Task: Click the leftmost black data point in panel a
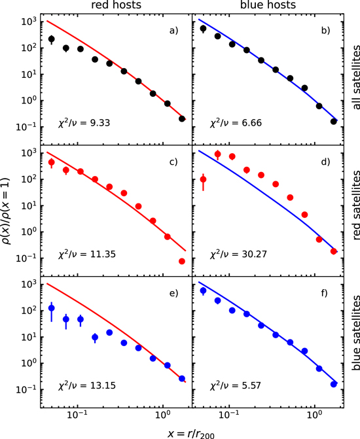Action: (52, 39)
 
